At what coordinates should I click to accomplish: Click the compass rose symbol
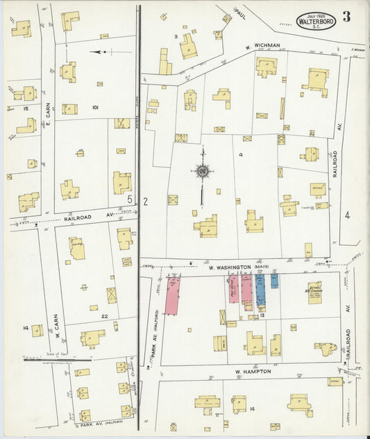(x=202, y=171)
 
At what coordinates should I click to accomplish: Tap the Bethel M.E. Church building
(x=315, y=291)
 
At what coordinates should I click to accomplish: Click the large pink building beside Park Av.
(x=173, y=295)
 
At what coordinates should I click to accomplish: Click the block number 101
(x=95, y=108)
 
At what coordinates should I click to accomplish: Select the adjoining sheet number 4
(x=347, y=215)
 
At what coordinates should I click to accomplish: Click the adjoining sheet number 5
(x=130, y=200)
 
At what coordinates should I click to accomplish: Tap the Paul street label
(x=239, y=13)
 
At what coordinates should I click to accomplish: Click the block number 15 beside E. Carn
(x=25, y=108)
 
